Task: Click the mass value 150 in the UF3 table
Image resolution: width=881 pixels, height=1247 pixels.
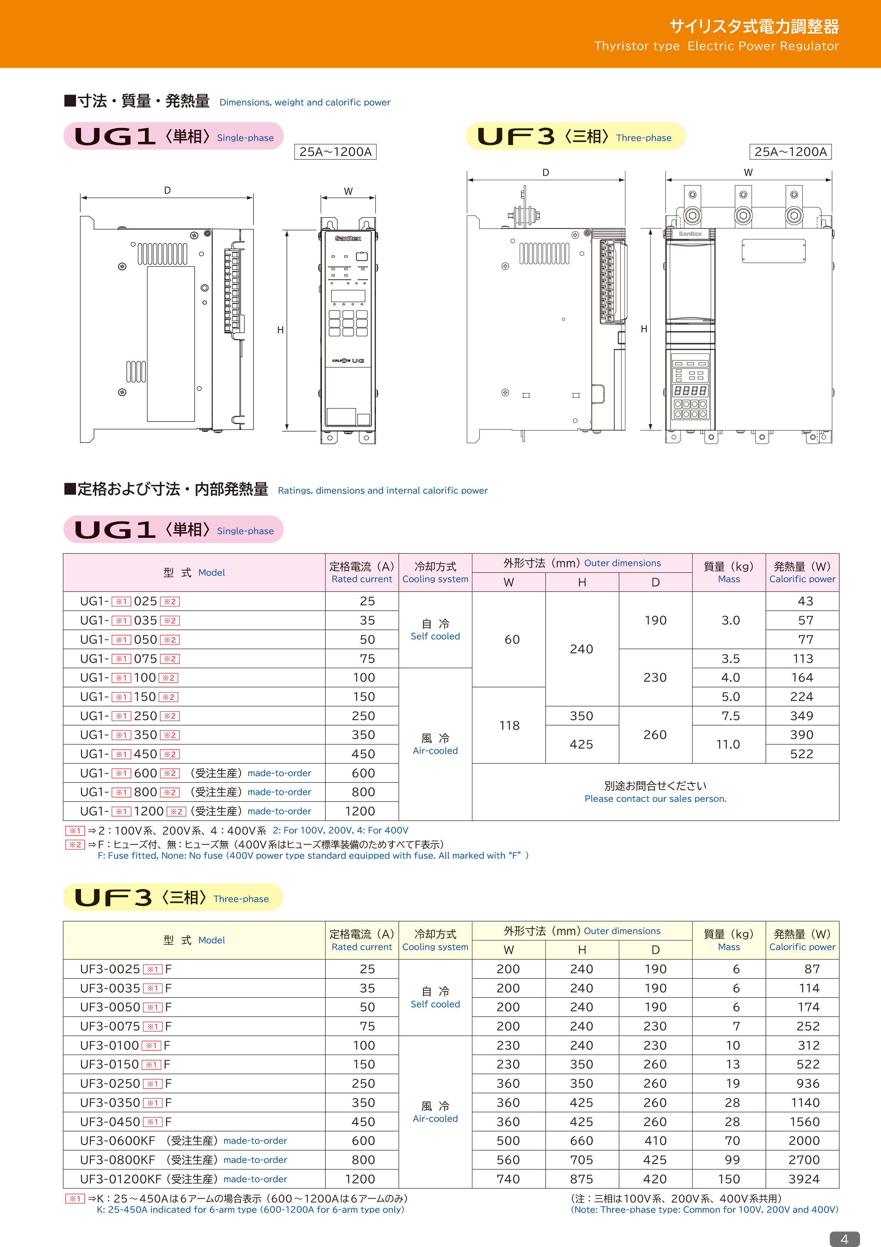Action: point(729,1178)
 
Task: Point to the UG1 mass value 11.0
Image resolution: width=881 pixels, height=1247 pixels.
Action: point(728,744)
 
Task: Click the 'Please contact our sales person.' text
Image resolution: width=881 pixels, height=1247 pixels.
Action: point(655,798)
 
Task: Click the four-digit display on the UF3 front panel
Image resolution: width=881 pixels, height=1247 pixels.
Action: point(690,391)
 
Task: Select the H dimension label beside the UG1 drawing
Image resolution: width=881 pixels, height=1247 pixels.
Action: point(280,330)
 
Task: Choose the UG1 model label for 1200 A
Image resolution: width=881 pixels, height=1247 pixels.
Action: point(133,811)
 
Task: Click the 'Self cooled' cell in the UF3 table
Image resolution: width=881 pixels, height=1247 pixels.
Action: point(435,1004)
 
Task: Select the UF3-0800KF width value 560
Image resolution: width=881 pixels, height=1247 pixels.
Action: point(508,1160)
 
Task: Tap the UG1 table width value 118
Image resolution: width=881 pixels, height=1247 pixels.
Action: point(509,725)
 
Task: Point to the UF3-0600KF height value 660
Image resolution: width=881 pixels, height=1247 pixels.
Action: point(582,1141)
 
